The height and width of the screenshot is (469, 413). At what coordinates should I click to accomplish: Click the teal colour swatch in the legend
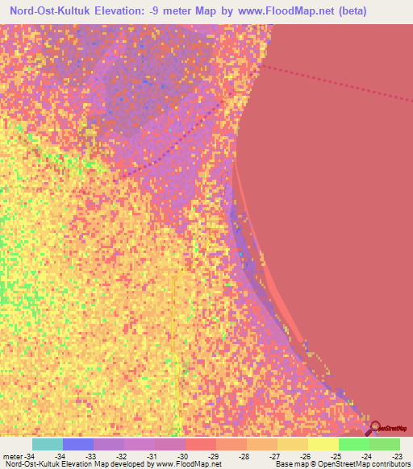click(x=47, y=444)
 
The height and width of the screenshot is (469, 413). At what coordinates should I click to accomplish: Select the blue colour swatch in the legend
click(x=77, y=444)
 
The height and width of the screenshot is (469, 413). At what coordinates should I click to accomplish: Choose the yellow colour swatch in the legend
click(x=323, y=444)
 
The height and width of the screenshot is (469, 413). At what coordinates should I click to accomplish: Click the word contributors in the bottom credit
click(x=389, y=465)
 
